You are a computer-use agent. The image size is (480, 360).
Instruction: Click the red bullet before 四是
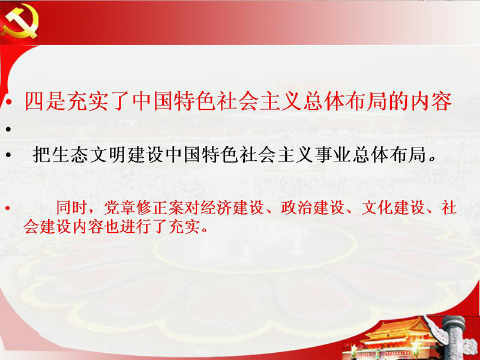pos(8,103)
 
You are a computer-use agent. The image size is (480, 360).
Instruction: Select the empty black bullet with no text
pos(8,130)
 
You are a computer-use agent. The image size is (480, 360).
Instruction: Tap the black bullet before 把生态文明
pos(8,155)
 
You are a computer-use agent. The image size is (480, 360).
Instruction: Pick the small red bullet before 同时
pos(8,209)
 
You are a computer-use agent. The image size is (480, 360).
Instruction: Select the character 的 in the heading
pos(399,101)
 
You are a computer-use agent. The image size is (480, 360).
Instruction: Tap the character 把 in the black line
pos(41,154)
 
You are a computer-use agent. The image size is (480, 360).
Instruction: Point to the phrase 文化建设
pos(393,208)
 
